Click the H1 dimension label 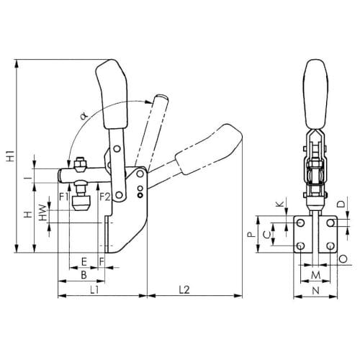coord(11,156)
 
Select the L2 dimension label coord(184,289)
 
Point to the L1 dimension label coord(94,290)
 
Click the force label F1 coord(64,197)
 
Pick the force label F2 coord(105,197)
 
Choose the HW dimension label coord(43,212)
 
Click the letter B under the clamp coord(84,275)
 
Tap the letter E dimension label coord(84,262)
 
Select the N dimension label coord(316,291)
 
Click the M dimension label coord(315,275)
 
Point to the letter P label coord(251,234)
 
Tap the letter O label coord(343,259)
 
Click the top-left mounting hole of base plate coord(300,223)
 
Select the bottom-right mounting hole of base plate coord(330,246)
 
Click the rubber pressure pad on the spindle coord(82,203)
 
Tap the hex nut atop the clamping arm coord(79,165)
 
